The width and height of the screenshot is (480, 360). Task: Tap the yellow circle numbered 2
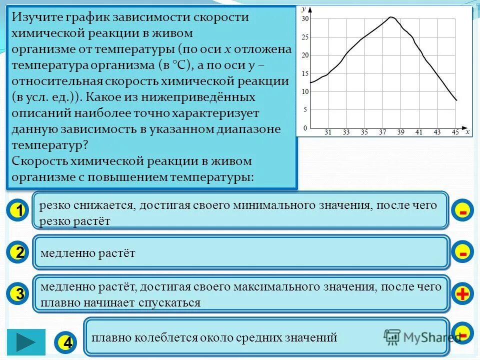pos(18,253)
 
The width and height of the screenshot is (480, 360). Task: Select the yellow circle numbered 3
pos(18,294)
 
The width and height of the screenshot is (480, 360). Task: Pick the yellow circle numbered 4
pos(67,342)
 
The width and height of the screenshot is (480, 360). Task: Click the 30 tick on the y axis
pos(305,19)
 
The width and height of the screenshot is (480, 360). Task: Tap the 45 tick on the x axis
pos(455,132)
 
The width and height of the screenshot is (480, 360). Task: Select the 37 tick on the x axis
pos(382,132)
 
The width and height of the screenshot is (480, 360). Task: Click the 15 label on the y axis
pos(305,73)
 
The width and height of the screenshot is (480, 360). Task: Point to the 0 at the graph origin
pos(305,128)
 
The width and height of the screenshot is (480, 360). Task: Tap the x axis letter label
pos(467,132)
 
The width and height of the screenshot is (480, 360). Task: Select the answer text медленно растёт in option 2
pos(87,253)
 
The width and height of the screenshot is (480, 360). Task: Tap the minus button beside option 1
pos(462,211)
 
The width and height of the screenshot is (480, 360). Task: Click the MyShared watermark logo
pos(422,337)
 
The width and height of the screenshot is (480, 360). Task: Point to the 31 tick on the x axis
pos(328,132)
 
